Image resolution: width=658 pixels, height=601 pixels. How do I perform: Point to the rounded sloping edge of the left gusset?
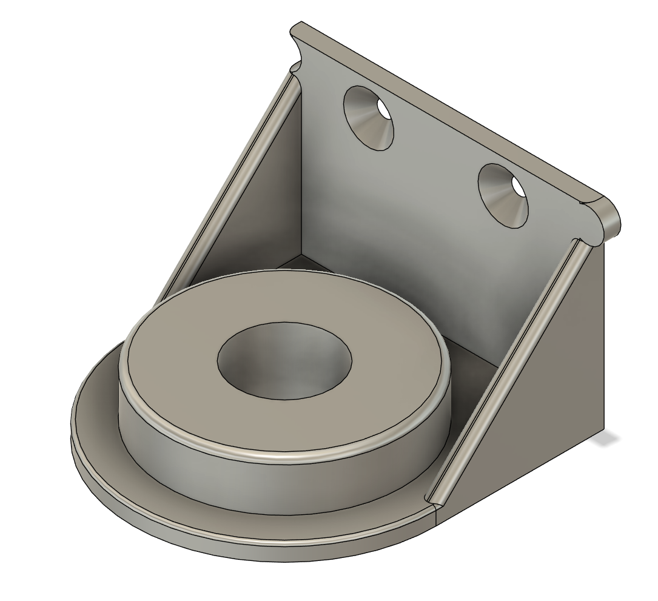[x=230, y=182]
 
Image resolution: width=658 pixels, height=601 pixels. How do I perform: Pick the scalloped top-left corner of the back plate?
[x=297, y=49]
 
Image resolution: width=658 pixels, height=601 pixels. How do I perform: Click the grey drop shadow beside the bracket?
[x=609, y=438]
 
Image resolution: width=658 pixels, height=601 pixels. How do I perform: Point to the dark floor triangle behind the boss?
[x=303, y=262]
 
